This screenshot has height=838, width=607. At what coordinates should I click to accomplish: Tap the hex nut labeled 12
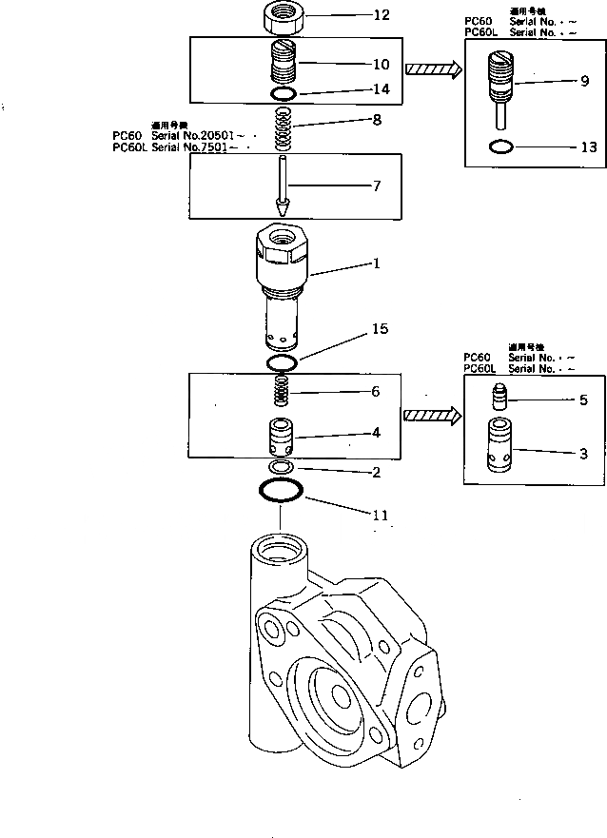(282, 16)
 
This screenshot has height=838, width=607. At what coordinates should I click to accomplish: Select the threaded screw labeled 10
(283, 64)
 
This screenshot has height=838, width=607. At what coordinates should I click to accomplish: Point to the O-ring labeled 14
(283, 93)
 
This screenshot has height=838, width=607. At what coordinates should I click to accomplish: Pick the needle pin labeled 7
(283, 185)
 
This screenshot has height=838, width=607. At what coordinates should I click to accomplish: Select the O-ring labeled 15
(282, 363)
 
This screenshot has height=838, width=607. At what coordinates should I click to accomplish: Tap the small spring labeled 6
(282, 391)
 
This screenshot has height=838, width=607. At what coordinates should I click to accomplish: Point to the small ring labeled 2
(282, 468)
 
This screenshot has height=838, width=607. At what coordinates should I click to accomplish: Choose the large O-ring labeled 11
(282, 491)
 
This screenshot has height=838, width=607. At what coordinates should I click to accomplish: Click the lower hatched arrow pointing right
(432, 416)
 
